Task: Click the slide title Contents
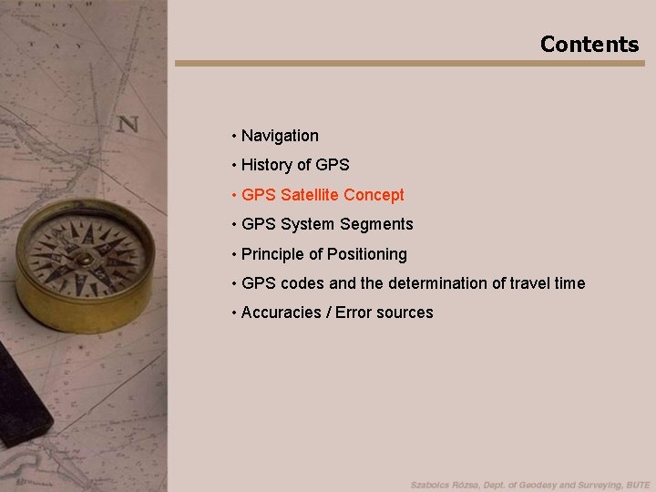point(589,44)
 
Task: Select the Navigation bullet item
point(280,136)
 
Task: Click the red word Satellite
point(310,195)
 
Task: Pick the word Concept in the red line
point(374,195)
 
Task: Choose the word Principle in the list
point(271,254)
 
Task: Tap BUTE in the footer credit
point(634,485)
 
